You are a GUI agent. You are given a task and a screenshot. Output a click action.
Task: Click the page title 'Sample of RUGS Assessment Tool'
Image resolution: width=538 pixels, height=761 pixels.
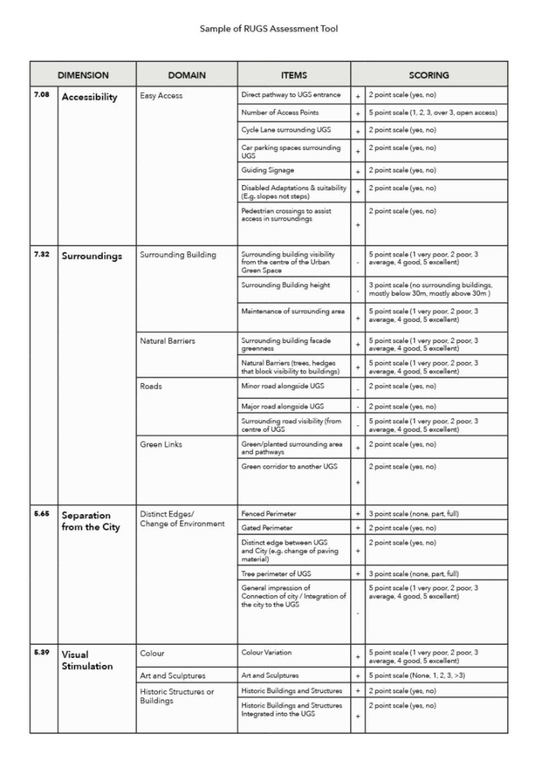269,29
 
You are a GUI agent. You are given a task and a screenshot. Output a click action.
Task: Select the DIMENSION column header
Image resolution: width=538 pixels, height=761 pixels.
83,75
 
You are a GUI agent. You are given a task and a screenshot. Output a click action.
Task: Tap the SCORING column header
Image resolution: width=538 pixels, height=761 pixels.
429,75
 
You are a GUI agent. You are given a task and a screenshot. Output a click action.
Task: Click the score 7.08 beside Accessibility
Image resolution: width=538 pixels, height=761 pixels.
42,94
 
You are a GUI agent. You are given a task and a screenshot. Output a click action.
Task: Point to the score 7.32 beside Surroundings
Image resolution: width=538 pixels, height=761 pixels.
42,254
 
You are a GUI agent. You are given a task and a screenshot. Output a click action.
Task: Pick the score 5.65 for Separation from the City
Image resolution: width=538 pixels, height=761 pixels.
42,513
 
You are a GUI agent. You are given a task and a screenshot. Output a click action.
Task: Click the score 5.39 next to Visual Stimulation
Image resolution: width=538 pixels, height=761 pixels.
42,652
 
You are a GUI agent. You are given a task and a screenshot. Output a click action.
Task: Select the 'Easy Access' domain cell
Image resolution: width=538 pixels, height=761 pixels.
161,96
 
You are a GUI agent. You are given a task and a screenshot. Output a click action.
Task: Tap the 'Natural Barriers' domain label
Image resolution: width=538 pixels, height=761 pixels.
167,341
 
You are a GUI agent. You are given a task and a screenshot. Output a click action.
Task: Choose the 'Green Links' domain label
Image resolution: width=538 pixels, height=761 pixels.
161,444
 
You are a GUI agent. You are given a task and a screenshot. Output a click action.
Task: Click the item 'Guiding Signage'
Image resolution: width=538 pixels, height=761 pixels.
268,170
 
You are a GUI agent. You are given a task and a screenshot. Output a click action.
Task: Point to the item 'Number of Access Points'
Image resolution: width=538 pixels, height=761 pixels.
280,113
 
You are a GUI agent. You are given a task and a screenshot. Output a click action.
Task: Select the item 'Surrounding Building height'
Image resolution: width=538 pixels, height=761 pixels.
285,285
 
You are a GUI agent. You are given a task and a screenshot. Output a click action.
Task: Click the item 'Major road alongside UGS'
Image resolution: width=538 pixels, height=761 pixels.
282,406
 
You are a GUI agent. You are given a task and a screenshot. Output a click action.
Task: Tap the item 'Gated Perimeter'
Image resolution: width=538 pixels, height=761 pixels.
267,528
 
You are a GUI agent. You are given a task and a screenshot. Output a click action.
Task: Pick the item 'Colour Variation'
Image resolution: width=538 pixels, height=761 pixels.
266,652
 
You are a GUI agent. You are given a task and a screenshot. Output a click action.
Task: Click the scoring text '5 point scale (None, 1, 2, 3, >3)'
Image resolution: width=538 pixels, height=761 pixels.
417,675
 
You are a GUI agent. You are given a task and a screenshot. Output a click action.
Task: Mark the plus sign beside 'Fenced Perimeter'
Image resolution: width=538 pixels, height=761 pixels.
358,514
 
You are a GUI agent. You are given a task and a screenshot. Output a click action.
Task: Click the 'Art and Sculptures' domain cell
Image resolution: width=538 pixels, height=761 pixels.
172,676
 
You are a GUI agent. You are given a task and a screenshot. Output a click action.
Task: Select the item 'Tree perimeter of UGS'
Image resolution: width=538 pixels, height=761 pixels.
276,574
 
